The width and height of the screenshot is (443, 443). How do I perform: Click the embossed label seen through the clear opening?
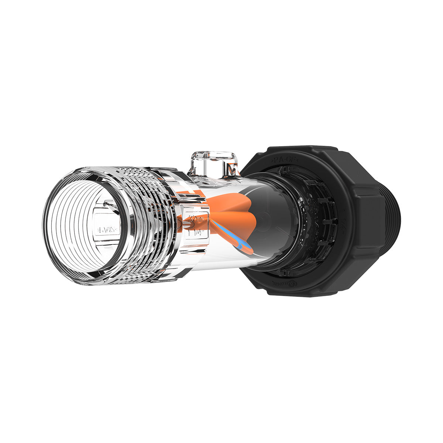tap(107, 230)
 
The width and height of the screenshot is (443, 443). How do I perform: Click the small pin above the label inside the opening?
tap(107, 203)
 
